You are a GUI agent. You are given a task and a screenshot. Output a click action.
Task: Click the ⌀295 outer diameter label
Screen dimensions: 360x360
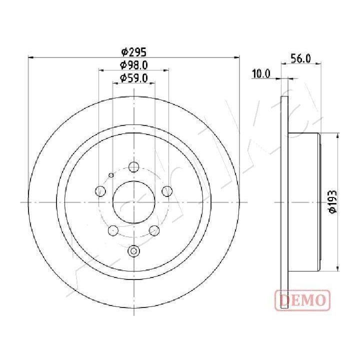point(133,52)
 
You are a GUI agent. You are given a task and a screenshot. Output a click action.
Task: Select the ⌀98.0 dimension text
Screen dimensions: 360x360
point(133,65)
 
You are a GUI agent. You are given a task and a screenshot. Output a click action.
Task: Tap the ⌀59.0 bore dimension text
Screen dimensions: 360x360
point(133,78)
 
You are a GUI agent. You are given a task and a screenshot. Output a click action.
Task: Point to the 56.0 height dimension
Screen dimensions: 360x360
point(300,58)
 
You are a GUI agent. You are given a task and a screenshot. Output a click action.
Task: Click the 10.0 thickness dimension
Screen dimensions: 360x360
point(261,73)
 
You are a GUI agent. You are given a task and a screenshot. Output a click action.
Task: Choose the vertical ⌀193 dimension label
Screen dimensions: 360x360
point(332,202)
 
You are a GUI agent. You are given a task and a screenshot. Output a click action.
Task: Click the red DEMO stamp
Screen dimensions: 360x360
point(302,300)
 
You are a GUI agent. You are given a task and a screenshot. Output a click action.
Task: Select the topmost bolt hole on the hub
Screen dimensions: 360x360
point(133,166)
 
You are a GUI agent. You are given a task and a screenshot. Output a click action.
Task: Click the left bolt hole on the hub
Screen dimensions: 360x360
point(100,191)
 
